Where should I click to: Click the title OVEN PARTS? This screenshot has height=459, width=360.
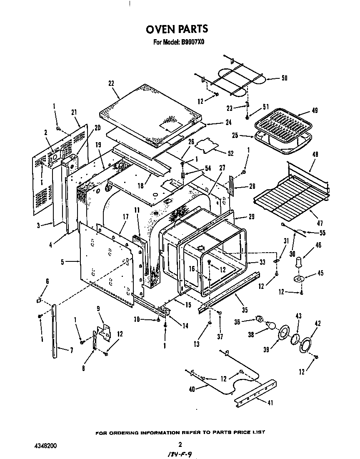tap(177, 29)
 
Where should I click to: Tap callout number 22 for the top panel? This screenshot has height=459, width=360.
tap(111, 83)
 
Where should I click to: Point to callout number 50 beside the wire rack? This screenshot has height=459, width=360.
tap(284, 78)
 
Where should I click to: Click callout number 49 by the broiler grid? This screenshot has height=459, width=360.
tap(315, 111)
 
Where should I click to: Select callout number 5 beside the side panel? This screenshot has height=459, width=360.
tap(62, 262)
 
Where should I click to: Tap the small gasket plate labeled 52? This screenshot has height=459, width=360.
tap(207, 145)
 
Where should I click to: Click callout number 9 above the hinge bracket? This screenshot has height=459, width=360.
tap(98, 309)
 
